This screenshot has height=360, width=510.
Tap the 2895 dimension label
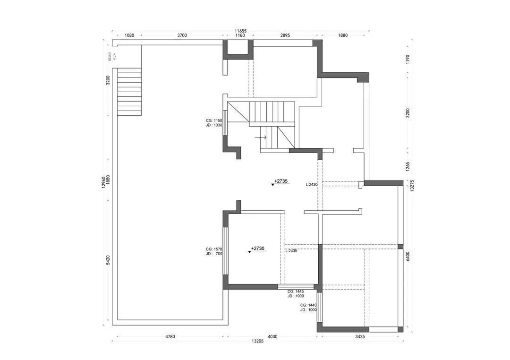point(285,35)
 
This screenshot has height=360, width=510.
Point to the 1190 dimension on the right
point(408,59)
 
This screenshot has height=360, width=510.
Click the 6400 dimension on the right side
point(408,256)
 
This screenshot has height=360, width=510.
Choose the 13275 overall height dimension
point(412,185)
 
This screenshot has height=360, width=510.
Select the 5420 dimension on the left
point(108,260)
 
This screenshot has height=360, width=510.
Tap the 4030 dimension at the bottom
point(272,337)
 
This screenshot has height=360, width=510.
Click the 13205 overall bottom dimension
point(257,341)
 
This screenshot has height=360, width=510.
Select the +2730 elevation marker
point(258,249)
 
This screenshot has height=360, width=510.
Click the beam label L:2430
point(313,185)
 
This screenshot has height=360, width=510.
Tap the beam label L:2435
point(291,251)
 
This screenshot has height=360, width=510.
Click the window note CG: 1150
point(214,121)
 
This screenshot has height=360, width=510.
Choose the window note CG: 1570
point(214,249)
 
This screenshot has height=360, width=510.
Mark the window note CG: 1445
point(296,291)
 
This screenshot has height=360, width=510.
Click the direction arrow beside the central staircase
point(261,137)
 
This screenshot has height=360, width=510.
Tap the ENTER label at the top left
point(110,57)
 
